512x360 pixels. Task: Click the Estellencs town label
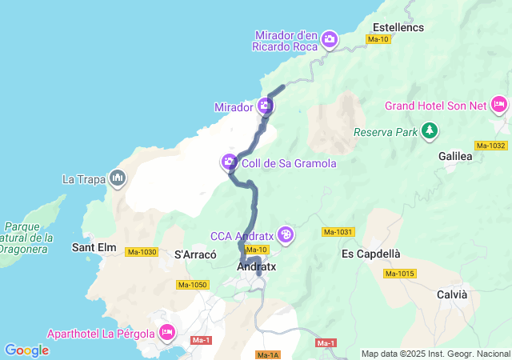[x=398, y=27]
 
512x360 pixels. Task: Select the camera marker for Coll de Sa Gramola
[x=230, y=162]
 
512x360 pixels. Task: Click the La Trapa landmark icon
[x=118, y=178]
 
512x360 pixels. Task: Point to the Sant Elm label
[x=94, y=247]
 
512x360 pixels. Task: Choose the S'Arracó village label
[x=195, y=254]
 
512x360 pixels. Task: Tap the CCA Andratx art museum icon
[x=286, y=235]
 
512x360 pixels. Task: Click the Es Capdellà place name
[x=370, y=254]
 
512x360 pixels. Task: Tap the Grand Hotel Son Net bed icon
[x=499, y=105]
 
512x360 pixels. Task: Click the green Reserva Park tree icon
[x=430, y=130]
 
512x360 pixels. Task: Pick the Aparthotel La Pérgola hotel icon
[x=167, y=331]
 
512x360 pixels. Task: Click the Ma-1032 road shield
[x=490, y=146]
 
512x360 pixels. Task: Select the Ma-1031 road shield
[x=338, y=232]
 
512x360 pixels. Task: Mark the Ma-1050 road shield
[x=193, y=285]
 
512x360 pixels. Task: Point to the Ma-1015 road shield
[x=400, y=274]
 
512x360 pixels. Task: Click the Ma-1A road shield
[x=268, y=354]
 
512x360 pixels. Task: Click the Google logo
[x=26, y=350]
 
